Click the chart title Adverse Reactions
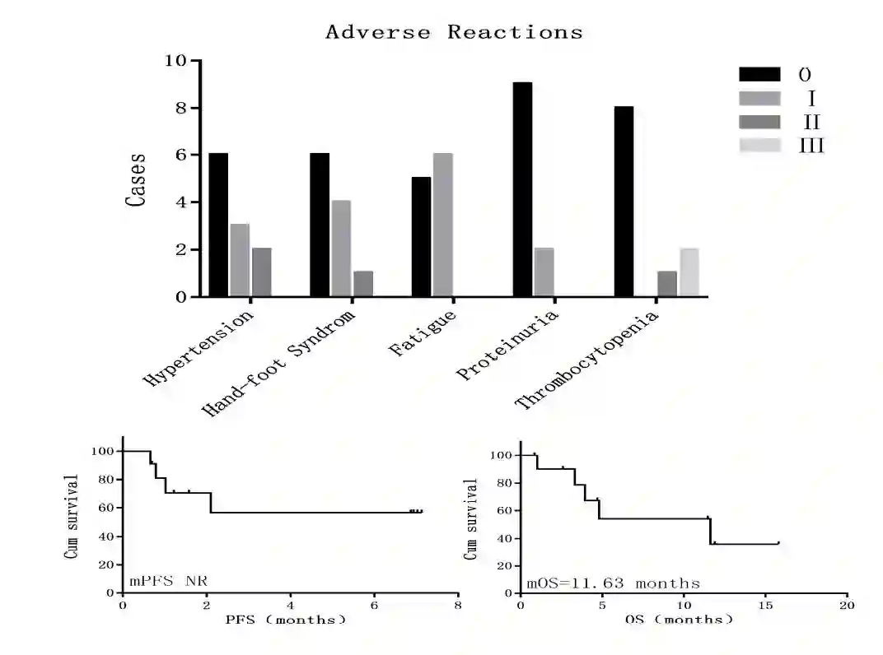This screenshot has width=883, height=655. click(x=454, y=33)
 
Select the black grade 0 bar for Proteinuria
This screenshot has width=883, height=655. click(x=522, y=189)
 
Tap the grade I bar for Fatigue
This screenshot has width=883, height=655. click(x=443, y=225)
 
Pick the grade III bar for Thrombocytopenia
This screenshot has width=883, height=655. click(x=689, y=272)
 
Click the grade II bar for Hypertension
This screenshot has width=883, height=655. click(x=262, y=272)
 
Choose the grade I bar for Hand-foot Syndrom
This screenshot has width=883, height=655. click(x=341, y=249)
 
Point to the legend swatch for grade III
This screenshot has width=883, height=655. click(x=759, y=146)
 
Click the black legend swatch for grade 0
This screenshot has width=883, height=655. click(x=759, y=74)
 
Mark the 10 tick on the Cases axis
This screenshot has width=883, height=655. click(x=175, y=61)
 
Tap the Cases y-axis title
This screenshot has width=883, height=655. click(x=137, y=179)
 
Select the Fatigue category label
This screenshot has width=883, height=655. click(x=423, y=333)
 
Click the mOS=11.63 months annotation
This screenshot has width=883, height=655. click(x=613, y=583)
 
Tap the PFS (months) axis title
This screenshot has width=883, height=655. click(x=286, y=620)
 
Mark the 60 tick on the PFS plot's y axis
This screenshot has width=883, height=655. click(x=106, y=509)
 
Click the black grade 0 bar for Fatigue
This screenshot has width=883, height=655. click(x=421, y=237)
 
